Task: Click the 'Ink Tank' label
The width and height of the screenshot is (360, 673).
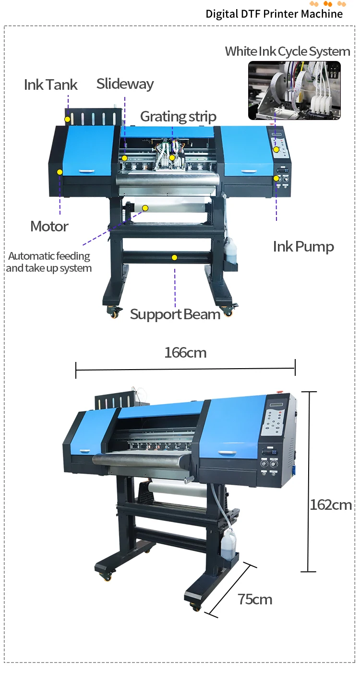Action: [x=50, y=85]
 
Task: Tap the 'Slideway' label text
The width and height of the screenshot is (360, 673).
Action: [x=125, y=84]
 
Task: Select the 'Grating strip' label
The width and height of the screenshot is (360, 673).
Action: [x=178, y=117]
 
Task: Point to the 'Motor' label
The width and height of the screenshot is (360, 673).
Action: [x=49, y=226]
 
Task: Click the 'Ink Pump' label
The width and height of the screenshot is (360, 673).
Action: [x=303, y=247]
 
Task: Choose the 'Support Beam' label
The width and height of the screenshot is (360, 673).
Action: [x=175, y=314]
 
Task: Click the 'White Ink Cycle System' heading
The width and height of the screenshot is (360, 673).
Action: [x=288, y=51]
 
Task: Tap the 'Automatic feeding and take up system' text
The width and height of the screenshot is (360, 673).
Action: [x=49, y=262]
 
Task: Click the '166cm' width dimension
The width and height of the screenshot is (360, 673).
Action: [x=185, y=353]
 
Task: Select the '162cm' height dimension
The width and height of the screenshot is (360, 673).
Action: [x=331, y=505]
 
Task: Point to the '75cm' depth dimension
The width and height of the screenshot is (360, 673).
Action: [x=255, y=600]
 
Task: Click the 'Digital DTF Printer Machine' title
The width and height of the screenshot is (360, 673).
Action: [x=274, y=14]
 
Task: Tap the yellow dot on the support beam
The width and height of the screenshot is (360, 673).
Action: [x=174, y=258]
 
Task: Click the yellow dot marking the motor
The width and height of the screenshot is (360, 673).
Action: [x=60, y=171]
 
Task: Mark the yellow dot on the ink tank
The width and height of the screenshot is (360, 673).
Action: [x=68, y=119]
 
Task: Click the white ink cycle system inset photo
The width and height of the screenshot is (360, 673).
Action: [x=294, y=90]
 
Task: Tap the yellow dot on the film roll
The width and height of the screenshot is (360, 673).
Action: [x=145, y=208]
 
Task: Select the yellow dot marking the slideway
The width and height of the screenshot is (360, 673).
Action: [x=124, y=158]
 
